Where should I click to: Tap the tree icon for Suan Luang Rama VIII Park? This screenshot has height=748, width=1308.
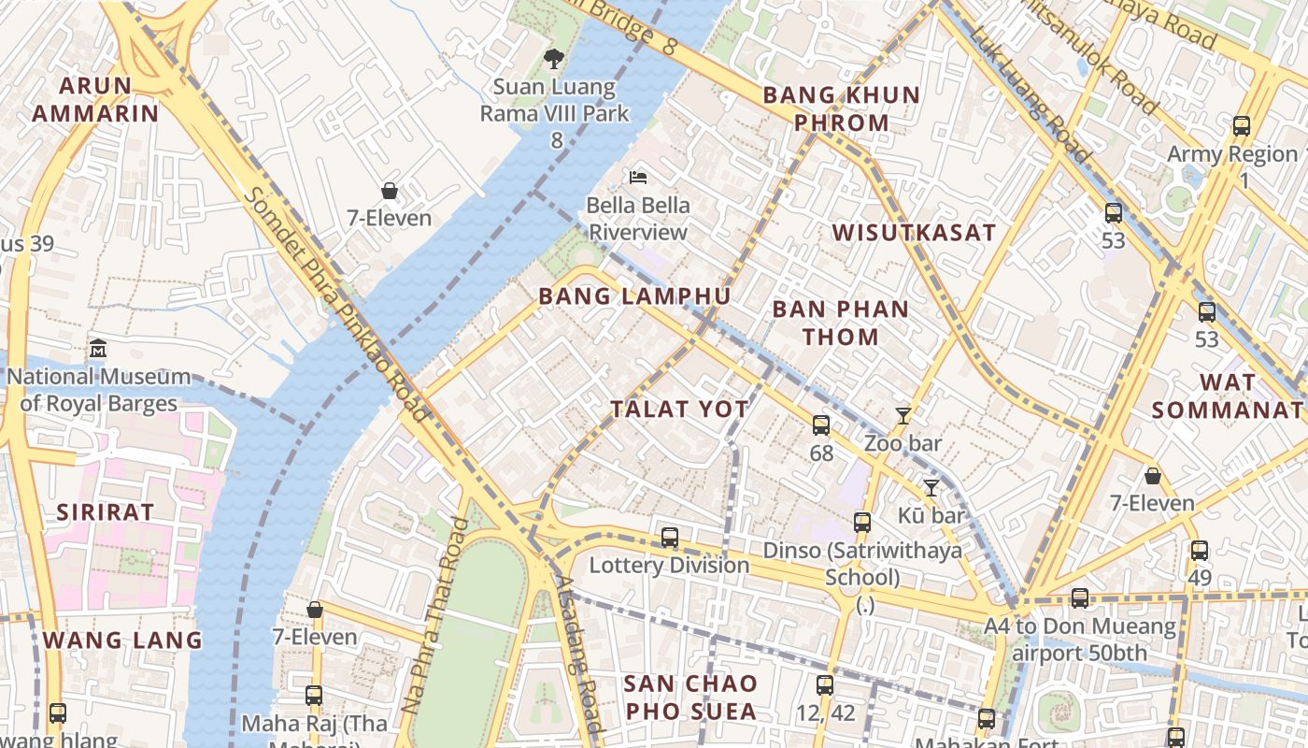click(554, 59)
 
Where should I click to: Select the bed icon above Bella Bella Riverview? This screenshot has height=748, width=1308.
click(638, 177)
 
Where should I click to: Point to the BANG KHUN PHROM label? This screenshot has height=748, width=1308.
click(842, 108)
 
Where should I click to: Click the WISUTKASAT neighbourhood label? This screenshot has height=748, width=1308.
click(914, 233)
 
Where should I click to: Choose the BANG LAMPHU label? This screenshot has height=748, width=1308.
click(634, 296)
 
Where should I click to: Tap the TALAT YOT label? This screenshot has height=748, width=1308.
click(679, 409)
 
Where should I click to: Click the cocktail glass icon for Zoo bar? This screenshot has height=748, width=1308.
click(903, 416)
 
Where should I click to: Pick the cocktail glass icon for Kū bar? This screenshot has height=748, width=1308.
click(931, 488)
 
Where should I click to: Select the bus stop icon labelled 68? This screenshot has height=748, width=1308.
click(821, 425)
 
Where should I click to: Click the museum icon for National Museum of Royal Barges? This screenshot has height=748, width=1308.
click(98, 349)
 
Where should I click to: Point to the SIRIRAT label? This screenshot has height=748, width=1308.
click(105, 512)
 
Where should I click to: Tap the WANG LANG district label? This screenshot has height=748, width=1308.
click(122, 640)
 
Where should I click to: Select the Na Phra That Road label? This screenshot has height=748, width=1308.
click(434, 616)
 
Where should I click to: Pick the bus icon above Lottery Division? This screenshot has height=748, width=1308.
click(670, 538)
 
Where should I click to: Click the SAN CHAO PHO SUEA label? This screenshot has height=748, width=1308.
click(690, 698)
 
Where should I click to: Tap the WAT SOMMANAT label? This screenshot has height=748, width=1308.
click(1227, 396)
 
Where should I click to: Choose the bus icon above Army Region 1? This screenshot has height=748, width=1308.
click(1242, 126)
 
